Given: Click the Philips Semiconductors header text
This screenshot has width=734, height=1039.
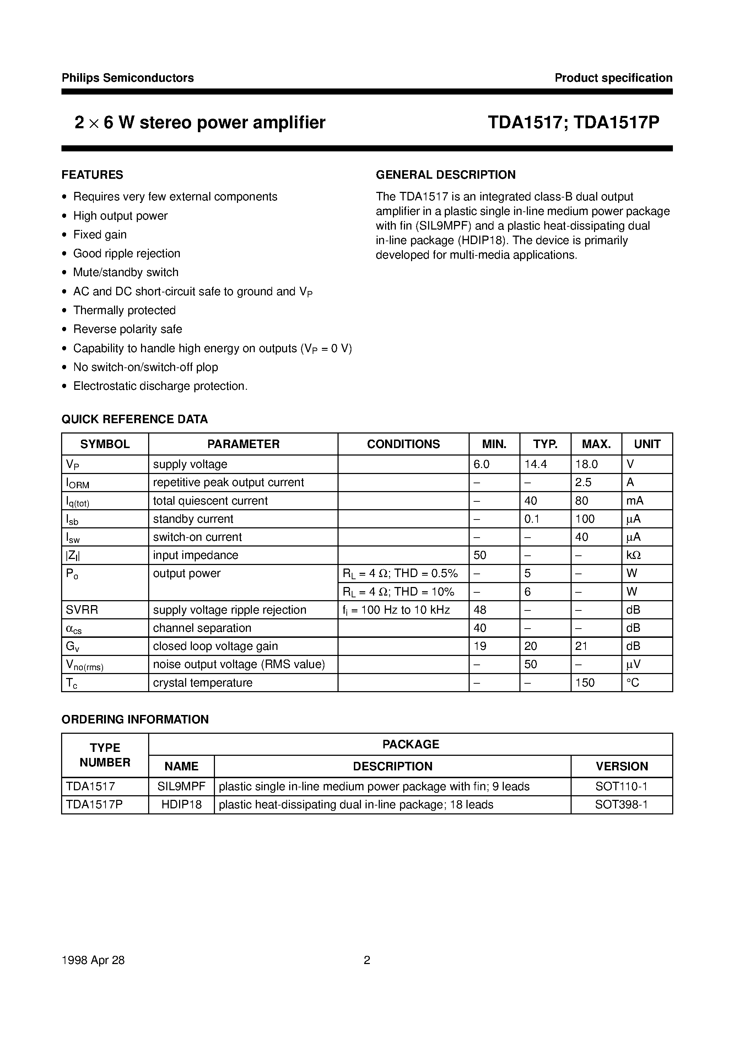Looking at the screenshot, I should pyautogui.click(x=128, y=78).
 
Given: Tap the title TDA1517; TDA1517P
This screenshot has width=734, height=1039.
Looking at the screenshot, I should pyautogui.click(x=573, y=123).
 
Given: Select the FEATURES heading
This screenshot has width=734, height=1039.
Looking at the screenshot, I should pyautogui.click(x=92, y=175).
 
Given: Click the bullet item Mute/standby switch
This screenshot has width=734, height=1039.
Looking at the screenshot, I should pyautogui.click(x=126, y=273).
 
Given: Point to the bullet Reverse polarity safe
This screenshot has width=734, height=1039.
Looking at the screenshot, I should pyautogui.click(x=128, y=329).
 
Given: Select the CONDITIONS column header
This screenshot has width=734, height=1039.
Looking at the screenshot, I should pyautogui.click(x=403, y=444).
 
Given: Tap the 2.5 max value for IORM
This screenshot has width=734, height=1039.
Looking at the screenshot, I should pyautogui.click(x=583, y=483).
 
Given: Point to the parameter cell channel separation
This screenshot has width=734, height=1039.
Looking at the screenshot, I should pyautogui.click(x=202, y=628).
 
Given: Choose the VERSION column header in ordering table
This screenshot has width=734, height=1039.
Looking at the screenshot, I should pyautogui.click(x=621, y=766).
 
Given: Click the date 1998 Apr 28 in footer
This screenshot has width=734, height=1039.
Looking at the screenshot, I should pyautogui.click(x=93, y=960).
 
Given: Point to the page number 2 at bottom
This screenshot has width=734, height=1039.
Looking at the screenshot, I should pyautogui.click(x=367, y=960).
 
